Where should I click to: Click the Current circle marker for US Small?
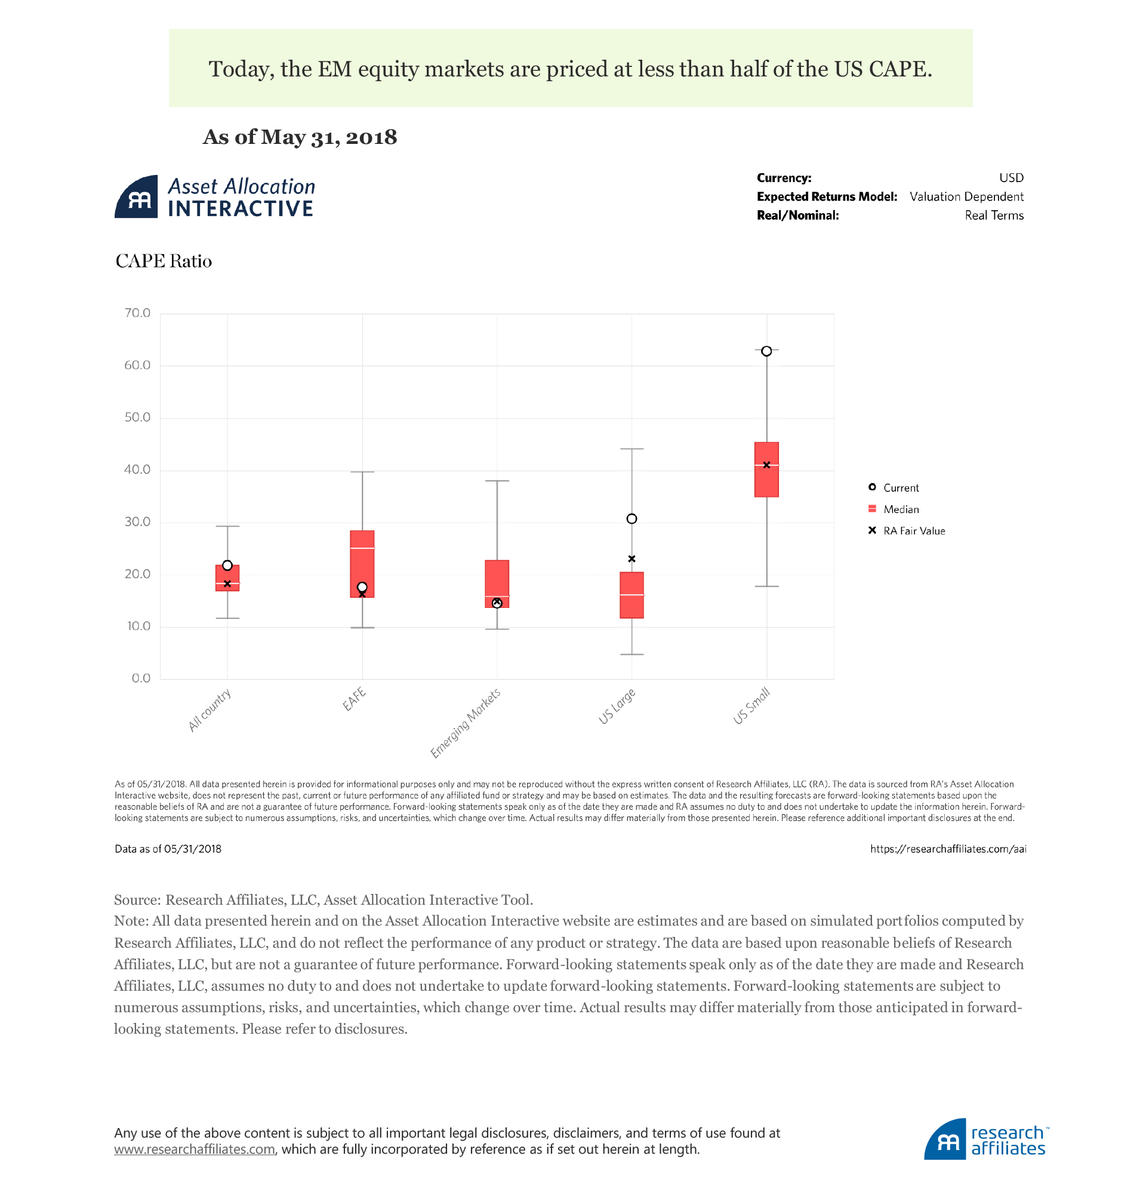click(766, 351)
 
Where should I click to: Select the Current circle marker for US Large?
click(631, 519)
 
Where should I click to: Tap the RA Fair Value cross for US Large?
click(631, 559)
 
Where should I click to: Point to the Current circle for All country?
click(227, 566)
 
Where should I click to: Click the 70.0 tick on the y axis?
click(137, 313)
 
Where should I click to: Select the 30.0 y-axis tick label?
click(137, 522)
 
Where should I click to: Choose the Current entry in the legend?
click(901, 488)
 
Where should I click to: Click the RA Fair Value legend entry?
click(914, 531)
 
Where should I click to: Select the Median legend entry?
click(901, 509)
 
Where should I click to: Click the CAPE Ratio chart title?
click(164, 262)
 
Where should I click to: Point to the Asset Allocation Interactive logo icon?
click(137, 197)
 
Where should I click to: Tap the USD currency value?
click(1011, 178)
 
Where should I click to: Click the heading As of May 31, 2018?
click(300, 137)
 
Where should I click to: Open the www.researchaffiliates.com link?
click(195, 1149)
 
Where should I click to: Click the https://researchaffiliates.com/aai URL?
click(948, 849)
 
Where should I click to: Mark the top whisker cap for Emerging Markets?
click(497, 481)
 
